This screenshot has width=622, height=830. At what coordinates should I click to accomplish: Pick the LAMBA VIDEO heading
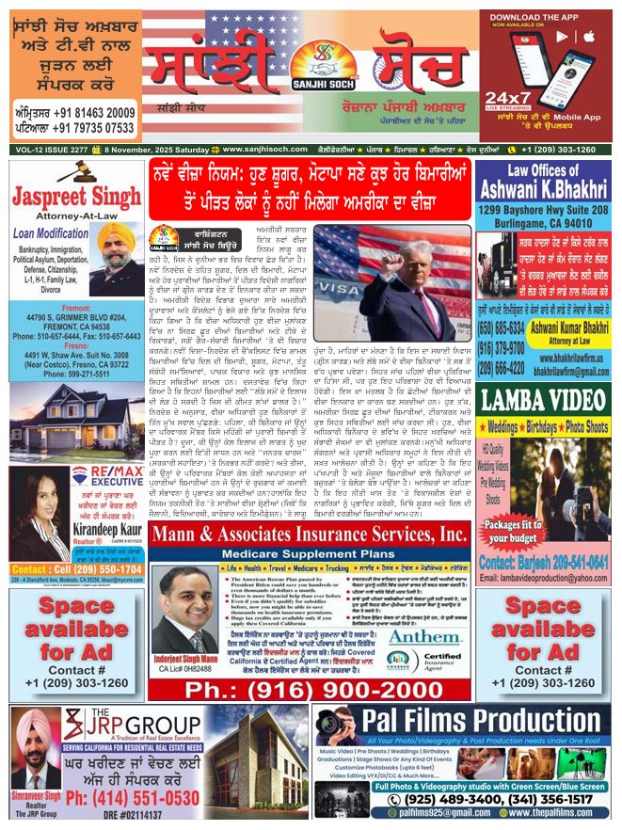tap(547, 400)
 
